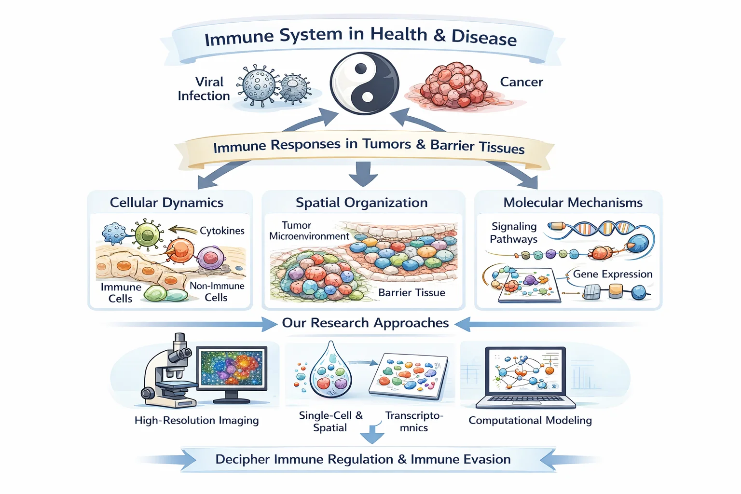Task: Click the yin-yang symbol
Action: click(x=364, y=83)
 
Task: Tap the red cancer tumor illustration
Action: click(x=456, y=86)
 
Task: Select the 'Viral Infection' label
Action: click(x=204, y=89)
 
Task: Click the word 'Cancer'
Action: click(x=521, y=82)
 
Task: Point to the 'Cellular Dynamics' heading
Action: click(x=166, y=203)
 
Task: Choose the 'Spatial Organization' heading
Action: click(x=361, y=203)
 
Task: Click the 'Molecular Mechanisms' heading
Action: click(x=573, y=203)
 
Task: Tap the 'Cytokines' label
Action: click(x=222, y=231)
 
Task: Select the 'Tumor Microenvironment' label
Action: click(x=309, y=231)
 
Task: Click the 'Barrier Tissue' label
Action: click(x=412, y=292)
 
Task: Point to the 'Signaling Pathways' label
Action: click(x=513, y=233)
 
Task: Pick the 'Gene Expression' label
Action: click(x=613, y=274)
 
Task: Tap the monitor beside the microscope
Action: click(x=232, y=374)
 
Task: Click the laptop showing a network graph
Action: click(x=525, y=378)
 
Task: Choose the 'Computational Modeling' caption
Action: click(x=530, y=420)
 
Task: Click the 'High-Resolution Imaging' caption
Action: click(x=196, y=421)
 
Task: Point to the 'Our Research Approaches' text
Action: click(x=365, y=323)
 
